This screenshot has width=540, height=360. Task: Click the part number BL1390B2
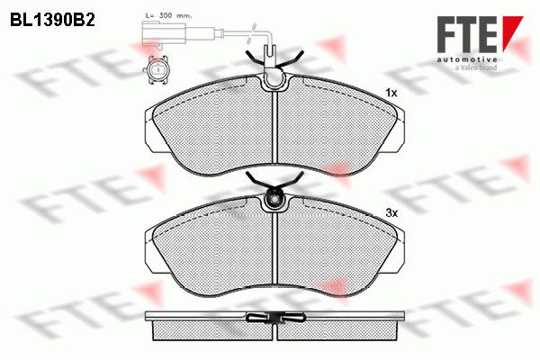[52, 21]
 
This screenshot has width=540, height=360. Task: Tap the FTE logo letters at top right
[467, 34]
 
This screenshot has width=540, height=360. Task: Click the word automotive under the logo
[467, 59]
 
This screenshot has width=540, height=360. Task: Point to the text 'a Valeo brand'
[476, 67]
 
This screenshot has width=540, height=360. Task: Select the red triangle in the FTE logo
[509, 31]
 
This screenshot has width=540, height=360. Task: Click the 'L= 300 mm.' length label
[169, 16]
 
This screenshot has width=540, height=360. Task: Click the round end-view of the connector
[157, 70]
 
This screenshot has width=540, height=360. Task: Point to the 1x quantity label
[391, 93]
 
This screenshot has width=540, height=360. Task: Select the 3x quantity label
[391, 213]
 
